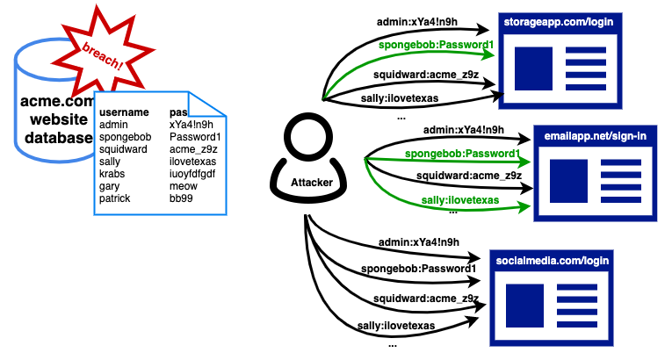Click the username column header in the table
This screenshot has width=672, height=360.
point(124,113)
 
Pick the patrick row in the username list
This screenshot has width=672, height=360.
point(115,199)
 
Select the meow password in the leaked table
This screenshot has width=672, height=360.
point(183,187)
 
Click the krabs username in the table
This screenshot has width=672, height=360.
point(113,175)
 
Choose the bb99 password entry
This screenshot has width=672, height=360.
point(181,199)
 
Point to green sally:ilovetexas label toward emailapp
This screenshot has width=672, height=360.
point(453,201)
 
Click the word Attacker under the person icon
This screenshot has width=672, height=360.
point(303,184)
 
